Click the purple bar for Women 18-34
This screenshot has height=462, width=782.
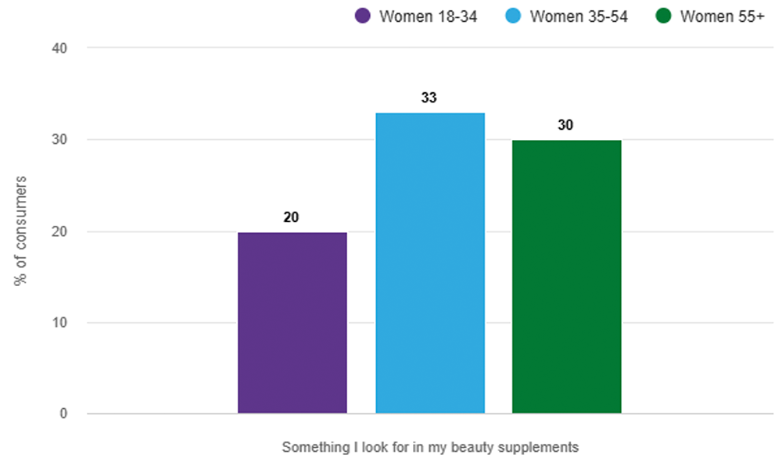(292, 323)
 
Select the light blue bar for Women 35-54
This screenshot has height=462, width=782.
(430, 263)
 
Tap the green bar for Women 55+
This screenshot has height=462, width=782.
(566, 277)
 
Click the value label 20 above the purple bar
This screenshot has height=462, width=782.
(291, 217)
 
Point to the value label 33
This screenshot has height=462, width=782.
(429, 98)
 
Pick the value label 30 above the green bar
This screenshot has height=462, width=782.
(565, 125)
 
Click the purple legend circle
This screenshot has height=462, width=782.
(363, 16)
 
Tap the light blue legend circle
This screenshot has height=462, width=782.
(513, 16)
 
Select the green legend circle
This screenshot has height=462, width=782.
(663, 16)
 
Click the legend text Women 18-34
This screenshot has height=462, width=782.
(428, 16)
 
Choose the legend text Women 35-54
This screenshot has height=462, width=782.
(579, 16)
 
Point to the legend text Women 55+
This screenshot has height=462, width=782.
(722, 16)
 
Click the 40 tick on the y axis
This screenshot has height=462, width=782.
(59, 48)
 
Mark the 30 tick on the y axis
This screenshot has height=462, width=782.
(59, 140)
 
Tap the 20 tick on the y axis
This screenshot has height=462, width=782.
(59, 231)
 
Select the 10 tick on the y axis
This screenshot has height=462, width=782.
(59, 323)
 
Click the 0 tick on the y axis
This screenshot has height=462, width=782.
(63, 414)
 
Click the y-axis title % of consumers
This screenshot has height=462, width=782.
(20, 231)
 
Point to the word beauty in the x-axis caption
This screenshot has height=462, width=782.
(472, 447)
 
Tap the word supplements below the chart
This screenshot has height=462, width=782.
(539, 448)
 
